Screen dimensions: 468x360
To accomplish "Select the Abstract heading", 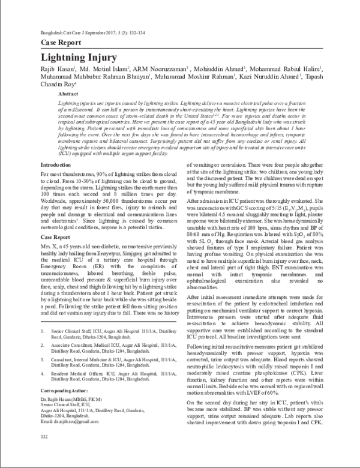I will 67,95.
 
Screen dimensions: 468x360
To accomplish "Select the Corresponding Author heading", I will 65,406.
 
